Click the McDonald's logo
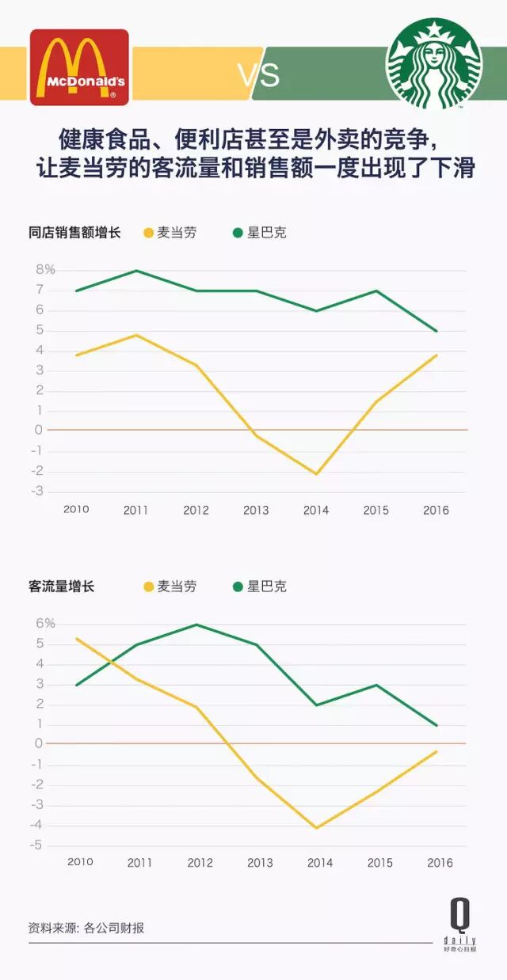[79, 67]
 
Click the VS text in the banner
[258, 76]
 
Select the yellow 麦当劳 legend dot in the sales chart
[148, 233]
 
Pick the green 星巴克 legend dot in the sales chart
[238, 233]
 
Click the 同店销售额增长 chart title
[74, 233]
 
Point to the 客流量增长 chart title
[61, 587]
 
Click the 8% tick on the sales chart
[45, 270]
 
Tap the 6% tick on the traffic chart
[45, 624]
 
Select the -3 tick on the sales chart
[37, 491]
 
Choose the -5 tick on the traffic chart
[37, 845]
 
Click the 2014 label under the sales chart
[316, 511]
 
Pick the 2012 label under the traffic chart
[200, 863]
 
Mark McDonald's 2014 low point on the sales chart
[316, 474]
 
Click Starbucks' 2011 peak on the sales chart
[136, 271]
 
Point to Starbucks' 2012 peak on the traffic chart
[196, 625]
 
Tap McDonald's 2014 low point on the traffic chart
[316, 828]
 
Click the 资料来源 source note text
[86, 928]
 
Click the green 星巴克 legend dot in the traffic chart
[238, 587]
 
